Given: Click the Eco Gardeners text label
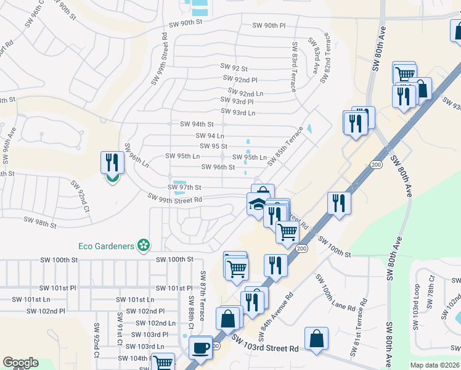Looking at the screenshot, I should pos(106,246).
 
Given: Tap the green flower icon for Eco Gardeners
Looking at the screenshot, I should pos(144,245).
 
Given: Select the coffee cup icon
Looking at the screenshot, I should pos(200,347).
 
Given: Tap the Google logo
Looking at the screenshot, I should pos(20,363).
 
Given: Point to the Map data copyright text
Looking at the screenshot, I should pos(435,364).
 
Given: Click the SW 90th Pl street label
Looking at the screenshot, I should pos(269,26).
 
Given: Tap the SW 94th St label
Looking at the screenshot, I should pos(196,125).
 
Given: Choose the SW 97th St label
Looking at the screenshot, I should pos(185,187).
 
